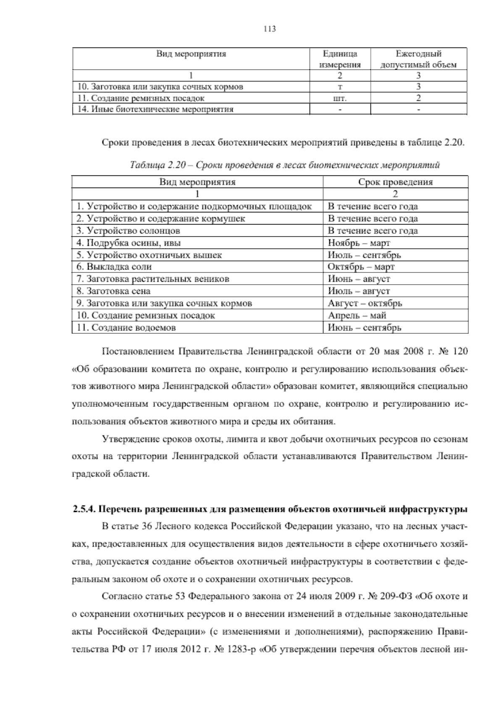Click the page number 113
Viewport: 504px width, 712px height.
click(x=270, y=29)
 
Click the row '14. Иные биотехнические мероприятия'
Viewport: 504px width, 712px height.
click(x=156, y=110)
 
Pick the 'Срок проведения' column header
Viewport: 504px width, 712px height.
click(x=395, y=182)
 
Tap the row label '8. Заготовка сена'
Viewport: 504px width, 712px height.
click(x=113, y=291)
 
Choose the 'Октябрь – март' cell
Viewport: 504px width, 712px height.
click(x=361, y=267)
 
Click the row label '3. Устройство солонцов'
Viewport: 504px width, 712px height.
click(x=129, y=230)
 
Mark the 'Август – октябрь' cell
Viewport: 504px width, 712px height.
click(x=365, y=303)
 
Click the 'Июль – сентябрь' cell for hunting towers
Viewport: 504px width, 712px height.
click(x=364, y=255)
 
